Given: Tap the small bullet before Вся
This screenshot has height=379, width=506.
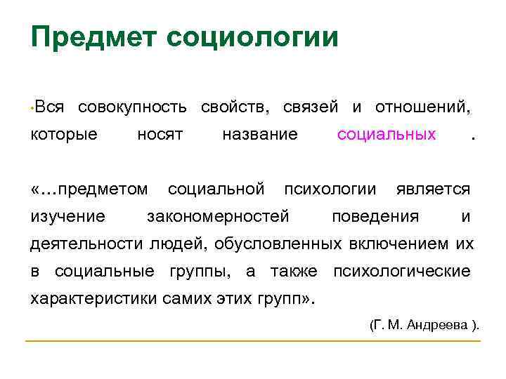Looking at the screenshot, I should [x=32, y=109].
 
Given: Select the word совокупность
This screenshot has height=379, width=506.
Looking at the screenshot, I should [x=132, y=107].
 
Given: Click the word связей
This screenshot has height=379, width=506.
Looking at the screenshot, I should [x=311, y=107].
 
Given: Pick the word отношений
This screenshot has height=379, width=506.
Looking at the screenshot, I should [x=422, y=107].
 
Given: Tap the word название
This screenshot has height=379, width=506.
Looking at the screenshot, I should [x=259, y=134].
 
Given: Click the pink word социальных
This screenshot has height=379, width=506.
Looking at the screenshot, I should [x=387, y=134].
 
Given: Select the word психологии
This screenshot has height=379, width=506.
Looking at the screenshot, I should [x=330, y=189].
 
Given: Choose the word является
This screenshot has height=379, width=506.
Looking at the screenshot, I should [x=433, y=189].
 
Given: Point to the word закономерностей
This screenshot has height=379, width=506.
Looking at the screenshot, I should [x=218, y=216].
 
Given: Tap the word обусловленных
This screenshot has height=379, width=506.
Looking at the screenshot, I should [x=281, y=244].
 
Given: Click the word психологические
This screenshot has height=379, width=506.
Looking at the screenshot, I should [x=401, y=271].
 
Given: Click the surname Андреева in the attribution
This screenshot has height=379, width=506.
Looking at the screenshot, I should [x=438, y=325].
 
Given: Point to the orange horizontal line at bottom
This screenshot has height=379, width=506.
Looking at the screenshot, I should [x=253, y=341].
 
